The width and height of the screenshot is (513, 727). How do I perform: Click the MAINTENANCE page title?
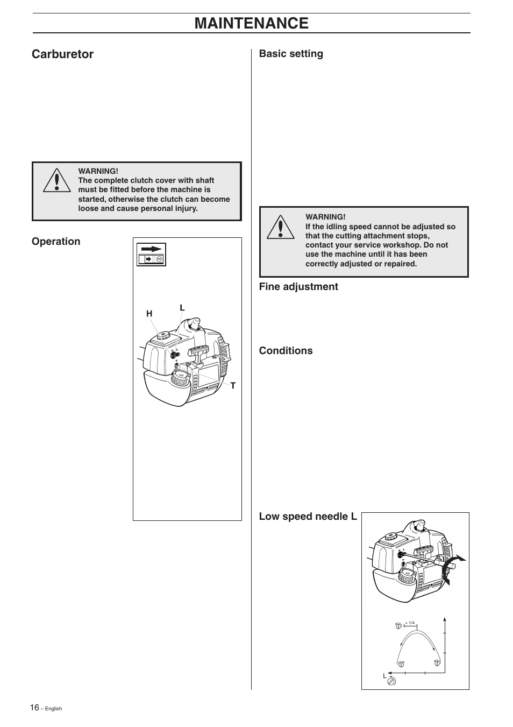[x=251, y=23]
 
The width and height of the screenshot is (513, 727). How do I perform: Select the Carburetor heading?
[x=62, y=54]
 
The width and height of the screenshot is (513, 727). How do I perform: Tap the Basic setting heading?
[x=291, y=54]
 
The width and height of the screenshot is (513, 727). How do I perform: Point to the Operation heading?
[x=56, y=242]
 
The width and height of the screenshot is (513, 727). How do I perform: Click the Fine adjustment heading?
[x=298, y=287]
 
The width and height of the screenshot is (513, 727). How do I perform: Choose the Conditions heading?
[x=286, y=350]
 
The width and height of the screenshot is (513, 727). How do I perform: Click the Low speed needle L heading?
[x=308, y=517]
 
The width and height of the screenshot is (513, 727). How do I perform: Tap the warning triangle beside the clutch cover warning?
[x=57, y=180]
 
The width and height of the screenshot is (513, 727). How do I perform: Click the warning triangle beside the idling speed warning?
[x=281, y=227]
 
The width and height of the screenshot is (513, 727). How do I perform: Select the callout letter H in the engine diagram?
[x=149, y=314]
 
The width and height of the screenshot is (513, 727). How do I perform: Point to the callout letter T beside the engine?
[x=233, y=386]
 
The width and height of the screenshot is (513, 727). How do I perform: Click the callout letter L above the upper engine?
[x=182, y=308]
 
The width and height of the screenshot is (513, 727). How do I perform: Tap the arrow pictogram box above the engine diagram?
[x=151, y=255]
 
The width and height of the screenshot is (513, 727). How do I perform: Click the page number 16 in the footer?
[x=34, y=708]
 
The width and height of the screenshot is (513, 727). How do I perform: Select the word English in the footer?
[x=54, y=709]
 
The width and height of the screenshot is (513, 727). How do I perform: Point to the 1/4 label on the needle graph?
[x=411, y=623]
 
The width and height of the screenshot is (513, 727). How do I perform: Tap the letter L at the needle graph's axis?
[x=385, y=676]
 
